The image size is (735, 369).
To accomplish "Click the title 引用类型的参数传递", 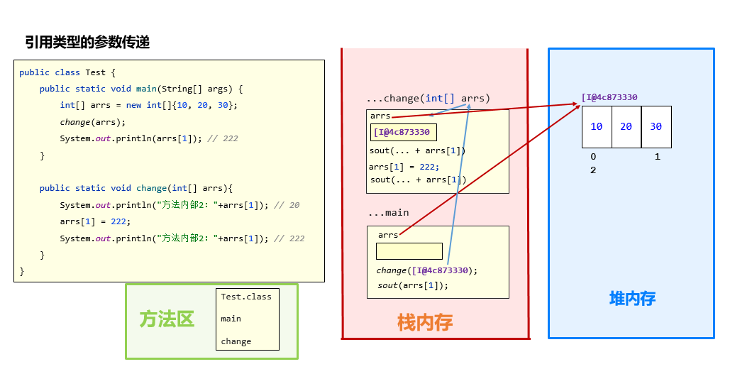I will [x=87, y=43].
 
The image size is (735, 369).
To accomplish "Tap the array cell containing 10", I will [x=597, y=126].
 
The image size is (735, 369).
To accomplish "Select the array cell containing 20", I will [x=626, y=126].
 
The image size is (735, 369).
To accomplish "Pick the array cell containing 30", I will [x=656, y=126].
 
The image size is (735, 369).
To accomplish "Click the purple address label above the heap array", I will [x=609, y=97].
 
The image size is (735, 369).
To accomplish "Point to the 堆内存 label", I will [x=632, y=298].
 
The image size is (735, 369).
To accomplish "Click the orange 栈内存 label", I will [x=425, y=323].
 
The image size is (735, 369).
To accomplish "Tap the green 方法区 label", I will [x=167, y=319].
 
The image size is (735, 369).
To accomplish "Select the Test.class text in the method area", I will [x=246, y=297].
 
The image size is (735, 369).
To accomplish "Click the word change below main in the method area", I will [x=236, y=341].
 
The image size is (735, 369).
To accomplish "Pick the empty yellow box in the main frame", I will [x=409, y=251].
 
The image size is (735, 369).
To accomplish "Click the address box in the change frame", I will [x=402, y=132].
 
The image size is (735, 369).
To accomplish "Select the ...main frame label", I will [x=388, y=212].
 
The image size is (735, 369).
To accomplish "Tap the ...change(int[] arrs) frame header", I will [x=428, y=98].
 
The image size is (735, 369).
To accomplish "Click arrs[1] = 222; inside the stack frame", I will [x=404, y=167].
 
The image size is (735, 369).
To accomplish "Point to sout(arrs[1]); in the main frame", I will [x=413, y=285].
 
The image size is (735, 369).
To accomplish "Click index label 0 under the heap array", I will [x=593, y=157].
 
